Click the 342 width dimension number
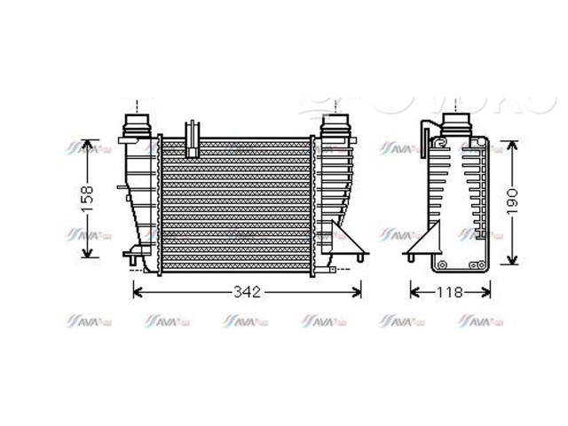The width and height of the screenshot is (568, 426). coord(248,292)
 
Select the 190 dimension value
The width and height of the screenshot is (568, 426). coord(512,202)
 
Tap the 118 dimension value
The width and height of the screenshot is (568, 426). coord(449,292)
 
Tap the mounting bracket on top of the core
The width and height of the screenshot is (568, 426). coord(192,137)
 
